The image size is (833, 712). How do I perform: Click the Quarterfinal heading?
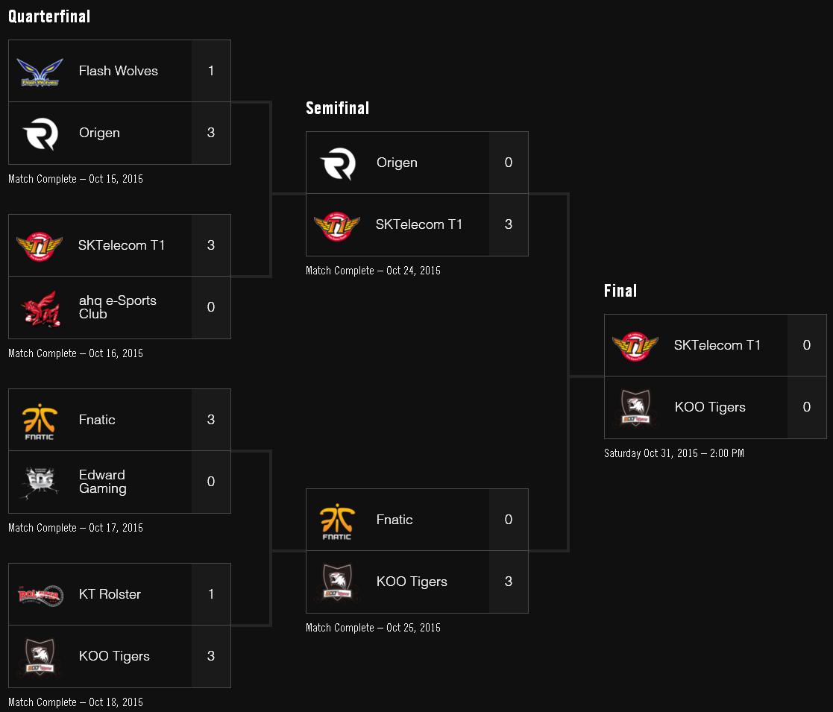(49, 16)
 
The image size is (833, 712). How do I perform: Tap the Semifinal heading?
(337, 108)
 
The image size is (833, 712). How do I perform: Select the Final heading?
(620, 291)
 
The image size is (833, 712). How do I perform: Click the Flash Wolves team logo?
(39, 72)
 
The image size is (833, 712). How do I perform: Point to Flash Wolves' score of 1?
(211, 71)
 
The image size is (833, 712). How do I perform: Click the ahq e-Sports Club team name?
(117, 307)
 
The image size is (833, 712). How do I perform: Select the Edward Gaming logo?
(39, 482)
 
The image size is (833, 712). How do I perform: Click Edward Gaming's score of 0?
(211, 482)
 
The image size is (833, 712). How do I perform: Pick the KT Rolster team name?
(110, 594)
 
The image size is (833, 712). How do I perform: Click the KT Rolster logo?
(39, 594)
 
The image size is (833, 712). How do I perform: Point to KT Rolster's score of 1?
(211, 594)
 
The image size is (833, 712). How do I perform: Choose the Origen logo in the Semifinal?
(337, 163)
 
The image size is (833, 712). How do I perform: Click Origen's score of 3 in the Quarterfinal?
(211, 133)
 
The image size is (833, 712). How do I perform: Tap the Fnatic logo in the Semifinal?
(337, 520)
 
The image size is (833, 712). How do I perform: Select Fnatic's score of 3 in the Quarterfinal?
(211, 420)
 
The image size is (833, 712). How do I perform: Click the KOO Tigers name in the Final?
(710, 407)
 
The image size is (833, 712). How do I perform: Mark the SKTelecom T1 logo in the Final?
(635, 346)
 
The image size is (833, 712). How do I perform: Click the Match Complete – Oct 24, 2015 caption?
(373, 271)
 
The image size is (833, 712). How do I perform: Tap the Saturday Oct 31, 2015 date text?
(673, 453)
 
